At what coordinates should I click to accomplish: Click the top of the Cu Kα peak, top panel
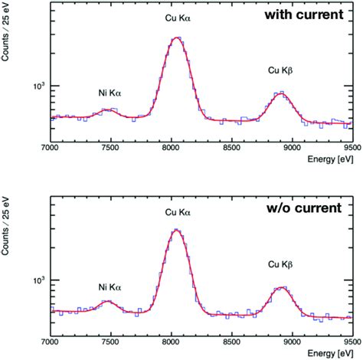(176, 38)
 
